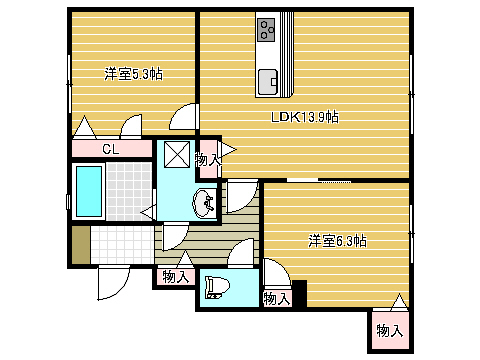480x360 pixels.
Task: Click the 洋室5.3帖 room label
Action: [x=133, y=74]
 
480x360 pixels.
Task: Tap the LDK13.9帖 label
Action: [x=305, y=117]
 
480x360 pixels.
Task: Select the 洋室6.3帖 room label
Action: [x=337, y=241]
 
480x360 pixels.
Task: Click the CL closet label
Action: [x=111, y=149]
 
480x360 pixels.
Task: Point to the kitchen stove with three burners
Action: [x=266, y=30]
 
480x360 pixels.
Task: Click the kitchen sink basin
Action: [x=268, y=82]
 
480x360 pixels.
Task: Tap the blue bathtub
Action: [x=89, y=191]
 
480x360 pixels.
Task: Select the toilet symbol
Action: [x=217, y=287]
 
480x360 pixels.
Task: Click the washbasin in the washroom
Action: [x=203, y=203]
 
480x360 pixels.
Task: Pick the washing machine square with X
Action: [x=177, y=154]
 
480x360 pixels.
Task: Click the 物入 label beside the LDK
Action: [x=208, y=160]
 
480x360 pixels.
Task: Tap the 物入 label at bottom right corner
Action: [x=390, y=331]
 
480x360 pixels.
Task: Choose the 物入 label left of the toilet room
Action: [x=175, y=277]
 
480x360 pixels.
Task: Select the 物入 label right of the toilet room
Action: [x=276, y=299]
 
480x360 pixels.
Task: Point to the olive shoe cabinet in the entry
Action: [x=81, y=245]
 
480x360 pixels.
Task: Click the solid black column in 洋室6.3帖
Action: [x=299, y=293]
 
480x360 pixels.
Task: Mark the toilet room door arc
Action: [x=241, y=252]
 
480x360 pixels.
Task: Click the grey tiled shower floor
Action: [x=129, y=191]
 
